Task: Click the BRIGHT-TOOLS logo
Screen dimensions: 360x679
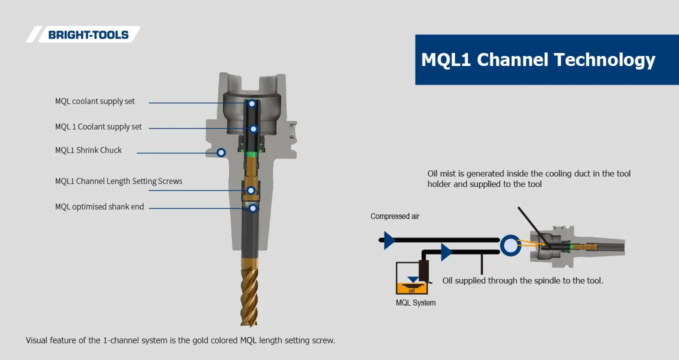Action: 88,34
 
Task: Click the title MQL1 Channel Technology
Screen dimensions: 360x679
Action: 538,59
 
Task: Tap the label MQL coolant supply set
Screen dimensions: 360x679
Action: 95,101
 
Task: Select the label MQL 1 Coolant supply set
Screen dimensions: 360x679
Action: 98,127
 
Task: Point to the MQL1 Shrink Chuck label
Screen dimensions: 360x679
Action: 88,150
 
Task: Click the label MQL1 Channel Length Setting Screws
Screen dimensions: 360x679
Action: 118,181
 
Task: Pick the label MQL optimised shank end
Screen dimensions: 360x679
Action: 99,207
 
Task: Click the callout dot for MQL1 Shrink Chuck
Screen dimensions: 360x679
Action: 221,152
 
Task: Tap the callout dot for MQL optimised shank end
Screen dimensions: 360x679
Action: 253,208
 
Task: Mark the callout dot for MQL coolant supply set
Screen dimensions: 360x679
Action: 252,103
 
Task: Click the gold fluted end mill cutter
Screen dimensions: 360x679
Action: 249,290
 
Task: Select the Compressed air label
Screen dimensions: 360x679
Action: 394,216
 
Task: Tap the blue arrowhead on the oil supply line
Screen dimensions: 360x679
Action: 446,252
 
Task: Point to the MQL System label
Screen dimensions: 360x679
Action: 415,303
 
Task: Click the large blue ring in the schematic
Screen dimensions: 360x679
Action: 509,246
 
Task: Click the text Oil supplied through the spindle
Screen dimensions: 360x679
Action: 522,280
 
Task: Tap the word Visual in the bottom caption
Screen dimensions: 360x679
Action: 38,340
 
